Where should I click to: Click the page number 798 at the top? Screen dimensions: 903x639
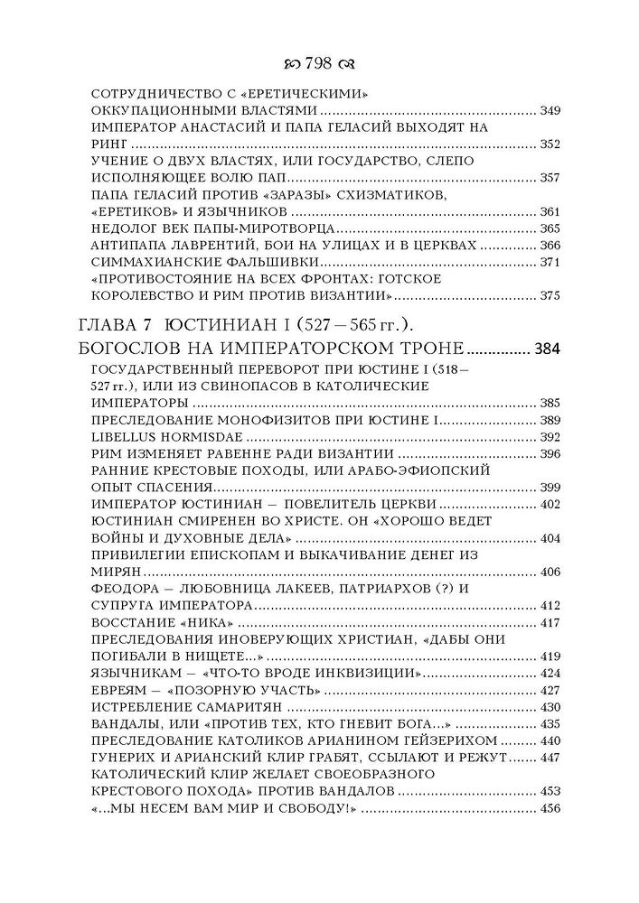point(320,62)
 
